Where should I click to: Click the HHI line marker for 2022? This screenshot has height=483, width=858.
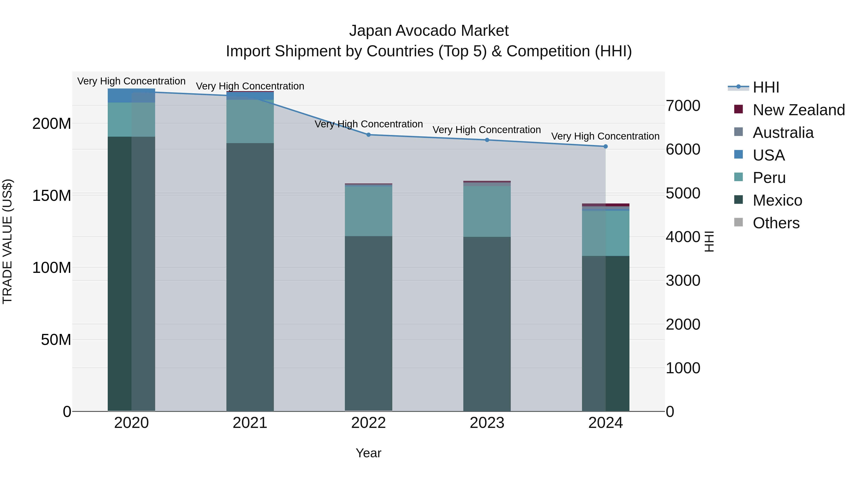(368, 135)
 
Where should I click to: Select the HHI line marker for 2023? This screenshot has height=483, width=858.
(487, 140)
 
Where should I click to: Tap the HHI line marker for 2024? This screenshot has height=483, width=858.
(606, 146)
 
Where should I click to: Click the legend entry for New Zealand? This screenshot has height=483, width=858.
(798, 110)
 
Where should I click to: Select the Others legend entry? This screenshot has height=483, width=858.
(776, 223)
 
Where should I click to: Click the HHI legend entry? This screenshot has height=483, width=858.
(766, 87)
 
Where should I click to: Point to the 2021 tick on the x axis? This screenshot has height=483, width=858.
(250, 423)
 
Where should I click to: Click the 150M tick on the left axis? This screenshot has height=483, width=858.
(52, 196)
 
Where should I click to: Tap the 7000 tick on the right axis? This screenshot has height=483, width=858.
(683, 106)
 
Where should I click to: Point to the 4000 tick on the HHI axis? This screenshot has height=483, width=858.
(683, 237)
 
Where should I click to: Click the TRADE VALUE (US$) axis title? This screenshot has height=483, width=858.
(7, 241)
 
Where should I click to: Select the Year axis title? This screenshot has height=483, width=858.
(368, 453)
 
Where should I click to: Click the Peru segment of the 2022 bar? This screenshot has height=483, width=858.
(368, 211)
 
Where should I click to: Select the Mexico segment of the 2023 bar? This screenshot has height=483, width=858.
(487, 323)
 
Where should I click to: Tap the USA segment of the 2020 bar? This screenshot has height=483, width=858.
(131, 96)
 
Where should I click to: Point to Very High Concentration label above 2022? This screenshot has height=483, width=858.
(368, 124)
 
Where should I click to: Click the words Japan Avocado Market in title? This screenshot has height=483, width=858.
(429, 31)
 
